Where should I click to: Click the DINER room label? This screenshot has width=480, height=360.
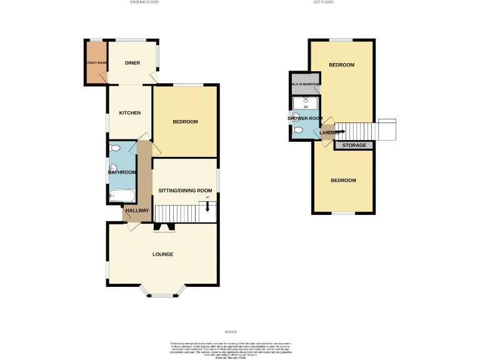[x=132, y=62]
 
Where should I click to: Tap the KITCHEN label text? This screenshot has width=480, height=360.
[x=130, y=112]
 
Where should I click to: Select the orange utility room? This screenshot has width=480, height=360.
[x=96, y=62]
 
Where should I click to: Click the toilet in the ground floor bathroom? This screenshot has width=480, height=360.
[x=114, y=148]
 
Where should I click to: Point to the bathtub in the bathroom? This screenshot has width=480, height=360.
[x=122, y=196]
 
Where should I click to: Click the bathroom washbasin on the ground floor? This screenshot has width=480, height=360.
[x=113, y=167]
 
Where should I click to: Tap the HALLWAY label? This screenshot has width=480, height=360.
[x=137, y=211]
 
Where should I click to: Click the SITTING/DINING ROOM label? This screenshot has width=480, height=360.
[x=185, y=191]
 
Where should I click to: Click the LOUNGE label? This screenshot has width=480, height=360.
[x=162, y=254]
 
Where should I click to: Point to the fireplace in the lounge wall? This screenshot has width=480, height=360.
[x=164, y=227]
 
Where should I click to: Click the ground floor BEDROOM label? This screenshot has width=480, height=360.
[x=185, y=122]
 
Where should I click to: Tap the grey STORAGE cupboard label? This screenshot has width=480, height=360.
[x=354, y=146]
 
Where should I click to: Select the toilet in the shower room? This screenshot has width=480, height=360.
[x=298, y=130]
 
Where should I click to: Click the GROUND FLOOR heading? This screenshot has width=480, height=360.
[x=144, y=2]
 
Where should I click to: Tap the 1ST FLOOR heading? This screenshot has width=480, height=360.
[x=322, y=2]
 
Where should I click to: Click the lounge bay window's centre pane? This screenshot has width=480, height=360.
[x=162, y=295]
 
